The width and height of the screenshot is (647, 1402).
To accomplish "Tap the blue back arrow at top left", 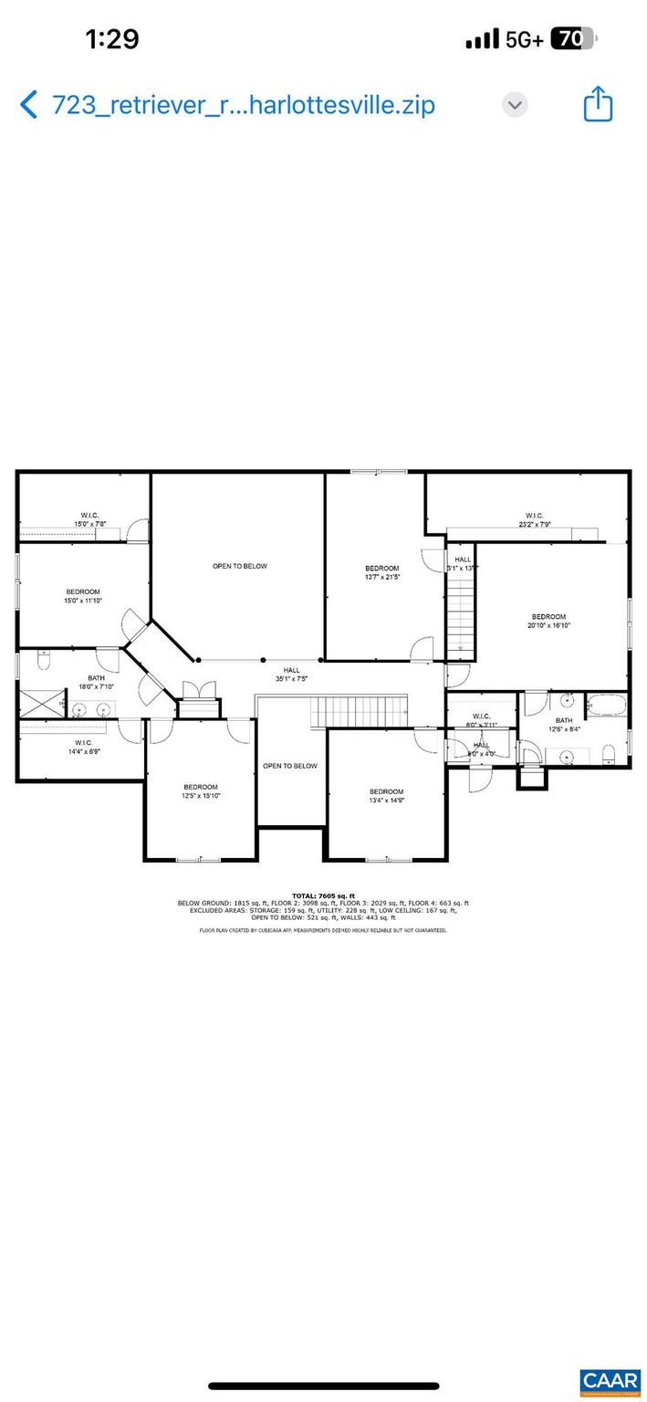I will click(29, 105).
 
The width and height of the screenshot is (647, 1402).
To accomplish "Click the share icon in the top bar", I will click(598, 104).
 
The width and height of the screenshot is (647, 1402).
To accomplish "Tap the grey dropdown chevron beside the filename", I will click(515, 104).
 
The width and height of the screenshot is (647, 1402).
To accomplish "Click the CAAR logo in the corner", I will click(609, 1380).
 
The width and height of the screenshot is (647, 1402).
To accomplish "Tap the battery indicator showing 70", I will click(572, 38).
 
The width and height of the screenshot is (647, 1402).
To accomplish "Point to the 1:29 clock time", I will click(111, 38).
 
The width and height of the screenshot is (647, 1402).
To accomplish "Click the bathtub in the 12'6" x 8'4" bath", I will click(606, 705).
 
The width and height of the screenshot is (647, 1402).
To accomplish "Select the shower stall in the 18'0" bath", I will click(39, 704).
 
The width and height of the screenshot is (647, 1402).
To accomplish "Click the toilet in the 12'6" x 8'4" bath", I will click(610, 752).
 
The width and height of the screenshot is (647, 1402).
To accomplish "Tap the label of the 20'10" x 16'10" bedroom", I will click(548, 621).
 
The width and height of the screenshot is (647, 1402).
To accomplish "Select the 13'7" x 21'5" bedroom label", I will click(381, 572).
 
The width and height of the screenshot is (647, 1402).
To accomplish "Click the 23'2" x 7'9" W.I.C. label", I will click(534, 519).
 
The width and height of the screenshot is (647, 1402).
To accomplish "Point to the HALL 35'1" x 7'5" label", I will click(290, 674).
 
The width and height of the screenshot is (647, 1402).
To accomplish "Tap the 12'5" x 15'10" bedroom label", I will click(200, 791).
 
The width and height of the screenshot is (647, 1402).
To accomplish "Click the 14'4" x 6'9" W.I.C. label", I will click(83, 748).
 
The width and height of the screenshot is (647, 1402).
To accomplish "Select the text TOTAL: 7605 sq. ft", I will click(323, 895).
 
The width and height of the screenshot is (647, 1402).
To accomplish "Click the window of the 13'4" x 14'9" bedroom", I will click(387, 859).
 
